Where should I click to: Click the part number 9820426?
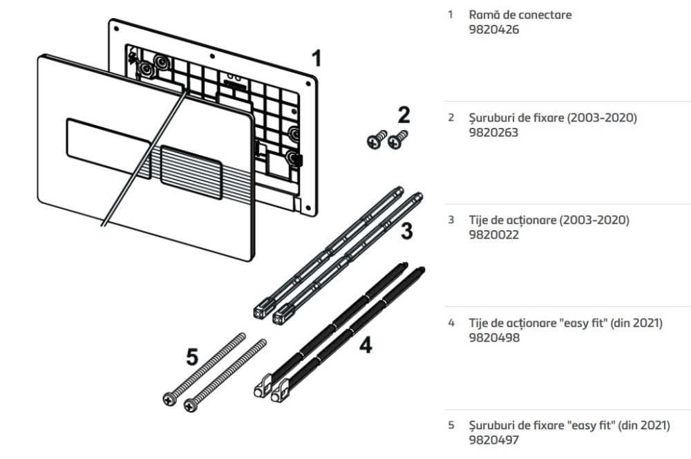493,30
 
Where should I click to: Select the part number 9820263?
493,132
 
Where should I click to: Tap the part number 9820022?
493,235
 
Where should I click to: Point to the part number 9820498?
493,338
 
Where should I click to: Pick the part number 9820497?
493,440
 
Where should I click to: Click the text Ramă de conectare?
520,15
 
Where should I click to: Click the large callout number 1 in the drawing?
316,58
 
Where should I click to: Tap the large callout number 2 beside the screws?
403,114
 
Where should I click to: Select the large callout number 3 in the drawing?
408,231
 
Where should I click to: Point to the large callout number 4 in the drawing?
366,344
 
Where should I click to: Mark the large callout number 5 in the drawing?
192,357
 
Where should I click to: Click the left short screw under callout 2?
375,141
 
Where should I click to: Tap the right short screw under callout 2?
397,140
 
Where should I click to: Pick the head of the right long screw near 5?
191,402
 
